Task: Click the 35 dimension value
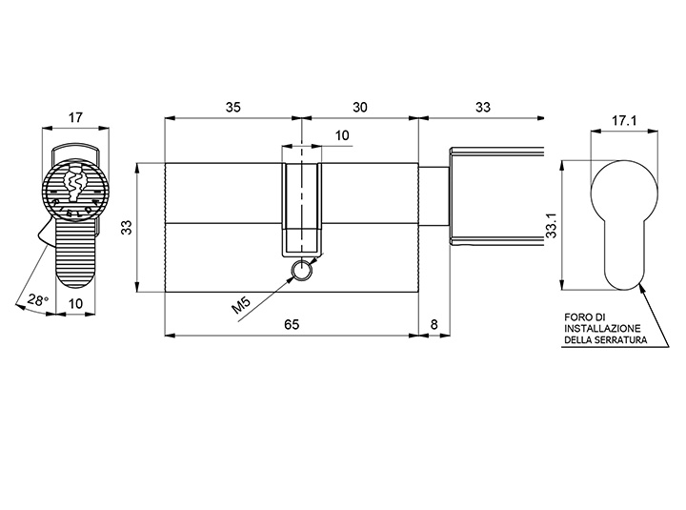click(x=233, y=108)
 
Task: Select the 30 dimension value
click(x=360, y=108)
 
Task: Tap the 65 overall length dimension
click(x=292, y=324)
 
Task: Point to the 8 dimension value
click(x=434, y=324)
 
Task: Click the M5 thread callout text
click(x=241, y=305)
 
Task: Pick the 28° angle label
click(x=38, y=300)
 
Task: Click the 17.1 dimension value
click(x=624, y=121)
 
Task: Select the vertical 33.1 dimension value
click(x=552, y=226)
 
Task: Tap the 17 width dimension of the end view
click(x=75, y=118)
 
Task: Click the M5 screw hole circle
click(x=301, y=270)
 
